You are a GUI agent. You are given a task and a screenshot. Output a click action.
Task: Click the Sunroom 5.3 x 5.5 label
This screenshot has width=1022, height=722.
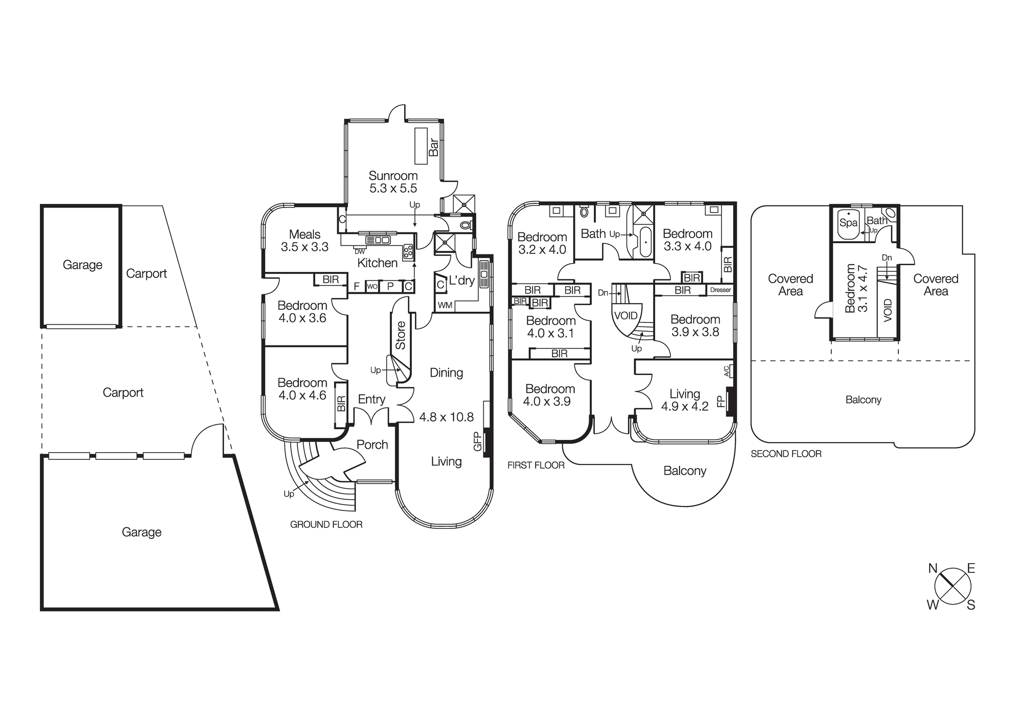[393, 182]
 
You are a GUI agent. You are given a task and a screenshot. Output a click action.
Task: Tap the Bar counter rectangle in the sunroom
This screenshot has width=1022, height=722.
[421, 146]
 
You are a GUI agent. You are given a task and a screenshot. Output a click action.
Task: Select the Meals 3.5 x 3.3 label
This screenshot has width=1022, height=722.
[305, 241]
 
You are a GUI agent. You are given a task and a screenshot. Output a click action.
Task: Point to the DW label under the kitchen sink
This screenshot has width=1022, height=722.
[360, 251]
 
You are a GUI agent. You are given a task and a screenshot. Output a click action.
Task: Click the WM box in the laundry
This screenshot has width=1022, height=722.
[445, 305]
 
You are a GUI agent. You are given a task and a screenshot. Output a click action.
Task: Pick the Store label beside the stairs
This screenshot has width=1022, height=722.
[401, 335]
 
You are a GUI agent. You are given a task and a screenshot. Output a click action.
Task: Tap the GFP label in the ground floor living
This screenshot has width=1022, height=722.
[478, 441]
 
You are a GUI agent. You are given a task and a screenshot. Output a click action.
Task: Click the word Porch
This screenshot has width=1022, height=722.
[372, 445]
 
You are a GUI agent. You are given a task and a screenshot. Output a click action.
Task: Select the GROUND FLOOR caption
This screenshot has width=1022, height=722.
[326, 524]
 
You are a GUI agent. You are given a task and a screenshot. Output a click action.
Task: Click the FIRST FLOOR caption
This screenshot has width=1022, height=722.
[536, 465]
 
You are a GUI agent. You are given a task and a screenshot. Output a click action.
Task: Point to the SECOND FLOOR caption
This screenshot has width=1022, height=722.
[786, 454]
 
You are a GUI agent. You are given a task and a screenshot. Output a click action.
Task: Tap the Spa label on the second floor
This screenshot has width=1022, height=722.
[848, 223]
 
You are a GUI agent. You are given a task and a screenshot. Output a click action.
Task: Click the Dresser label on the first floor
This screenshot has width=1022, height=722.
[721, 290]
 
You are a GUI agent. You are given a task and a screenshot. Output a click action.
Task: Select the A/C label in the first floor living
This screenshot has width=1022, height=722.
[727, 371]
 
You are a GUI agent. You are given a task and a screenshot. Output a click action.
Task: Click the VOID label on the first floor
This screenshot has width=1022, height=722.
[625, 315]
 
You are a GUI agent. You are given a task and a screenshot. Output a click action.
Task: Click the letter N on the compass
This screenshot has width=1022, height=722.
[933, 568]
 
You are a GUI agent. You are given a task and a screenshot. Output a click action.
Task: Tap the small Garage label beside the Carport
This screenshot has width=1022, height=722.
[82, 265]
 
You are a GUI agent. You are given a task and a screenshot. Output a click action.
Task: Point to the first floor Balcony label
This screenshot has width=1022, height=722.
[685, 471]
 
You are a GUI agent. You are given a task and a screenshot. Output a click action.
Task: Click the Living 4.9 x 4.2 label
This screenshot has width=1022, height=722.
[684, 400]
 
